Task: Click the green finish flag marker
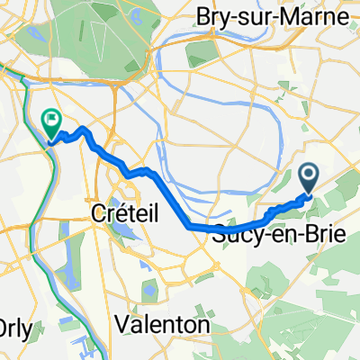tap(52, 118)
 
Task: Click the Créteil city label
tap(126, 213)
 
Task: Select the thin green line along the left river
tap(33, 225)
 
